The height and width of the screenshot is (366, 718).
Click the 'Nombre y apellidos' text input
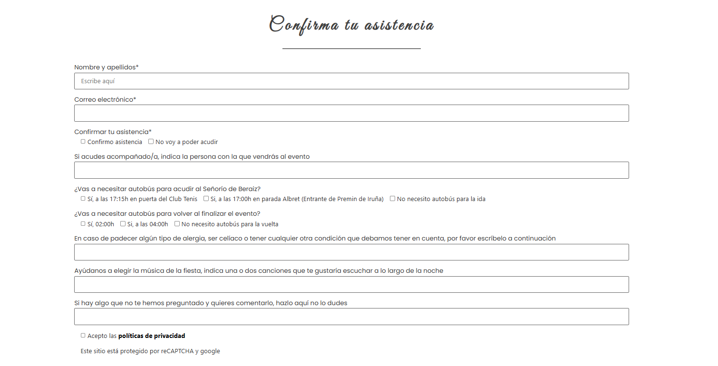pyautogui.click(x=351, y=81)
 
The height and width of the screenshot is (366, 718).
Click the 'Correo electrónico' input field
pyautogui.click(x=351, y=113)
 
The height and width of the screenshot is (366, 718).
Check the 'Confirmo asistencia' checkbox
pyautogui.click(x=83, y=142)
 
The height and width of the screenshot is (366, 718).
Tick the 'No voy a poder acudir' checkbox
pyautogui.click(x=151, y=142)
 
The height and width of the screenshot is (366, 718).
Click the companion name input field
pyautogui.click(x=351, y=170)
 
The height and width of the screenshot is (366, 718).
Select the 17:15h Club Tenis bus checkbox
pyautogui.click(x=83, y=199)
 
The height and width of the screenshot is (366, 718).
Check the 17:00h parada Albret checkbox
pyautogui.click(x=206, y=199)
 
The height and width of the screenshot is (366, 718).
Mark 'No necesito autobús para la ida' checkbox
pyautogui.click(x=393, y=199)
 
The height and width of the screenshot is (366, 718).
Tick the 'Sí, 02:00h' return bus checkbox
pyautogui.click(x=83, y=224)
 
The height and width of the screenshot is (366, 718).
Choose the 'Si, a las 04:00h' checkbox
pyautogui.click(x=123, y=224)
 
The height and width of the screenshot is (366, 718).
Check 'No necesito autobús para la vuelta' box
pyautogui.click(x=177, y=224)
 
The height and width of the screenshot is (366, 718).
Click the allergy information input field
pyautogui.click(x=351, y=252)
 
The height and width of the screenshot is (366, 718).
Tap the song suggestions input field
pyautogui.click(x=351, y=285)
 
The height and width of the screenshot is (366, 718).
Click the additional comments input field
pyautogui.click(x=351, y=317)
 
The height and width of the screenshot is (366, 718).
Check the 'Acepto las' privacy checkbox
pyautogui.click(x=83, y=336)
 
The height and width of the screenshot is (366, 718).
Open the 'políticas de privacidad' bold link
pyautogui.click(x=152, y=336)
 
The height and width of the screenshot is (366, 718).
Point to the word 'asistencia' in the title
pyautogui.click(x=399, y=25)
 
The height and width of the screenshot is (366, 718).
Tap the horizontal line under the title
pyautogui.click(x=351, y=48)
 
